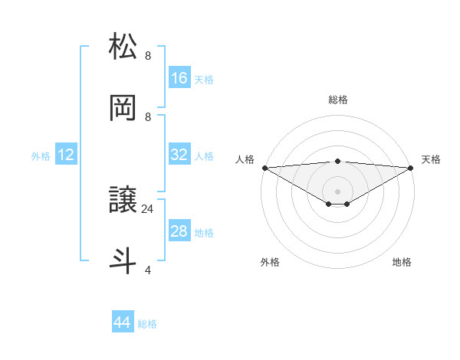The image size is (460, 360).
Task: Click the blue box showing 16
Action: (x=179, y=77)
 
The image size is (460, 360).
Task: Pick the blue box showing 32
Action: (x=179, y=155)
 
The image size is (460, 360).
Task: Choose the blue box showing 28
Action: (x=179, y=231)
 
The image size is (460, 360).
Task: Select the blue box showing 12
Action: (x=66, y=155)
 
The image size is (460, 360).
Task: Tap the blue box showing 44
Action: (x=123, y=322)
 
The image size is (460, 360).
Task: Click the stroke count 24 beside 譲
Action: (x=148, y=208)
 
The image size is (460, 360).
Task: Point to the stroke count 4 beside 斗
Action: (x=147, y=270)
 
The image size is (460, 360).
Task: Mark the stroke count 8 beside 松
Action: (x=147, y=56)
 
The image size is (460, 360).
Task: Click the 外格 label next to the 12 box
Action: (x=41, y=156)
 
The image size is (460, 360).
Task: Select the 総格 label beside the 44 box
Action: (x=147, y=324)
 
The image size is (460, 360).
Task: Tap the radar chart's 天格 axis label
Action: (x=431, y=159)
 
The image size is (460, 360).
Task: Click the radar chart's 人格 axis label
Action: (x=245, y=159)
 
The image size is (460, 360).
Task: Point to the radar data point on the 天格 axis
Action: (x=412, y=168)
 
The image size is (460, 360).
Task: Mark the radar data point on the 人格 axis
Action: (x=264, y=168)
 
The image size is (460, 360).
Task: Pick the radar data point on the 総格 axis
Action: (x=338, y=161)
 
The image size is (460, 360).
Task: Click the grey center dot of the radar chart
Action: (x=338, y=191)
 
